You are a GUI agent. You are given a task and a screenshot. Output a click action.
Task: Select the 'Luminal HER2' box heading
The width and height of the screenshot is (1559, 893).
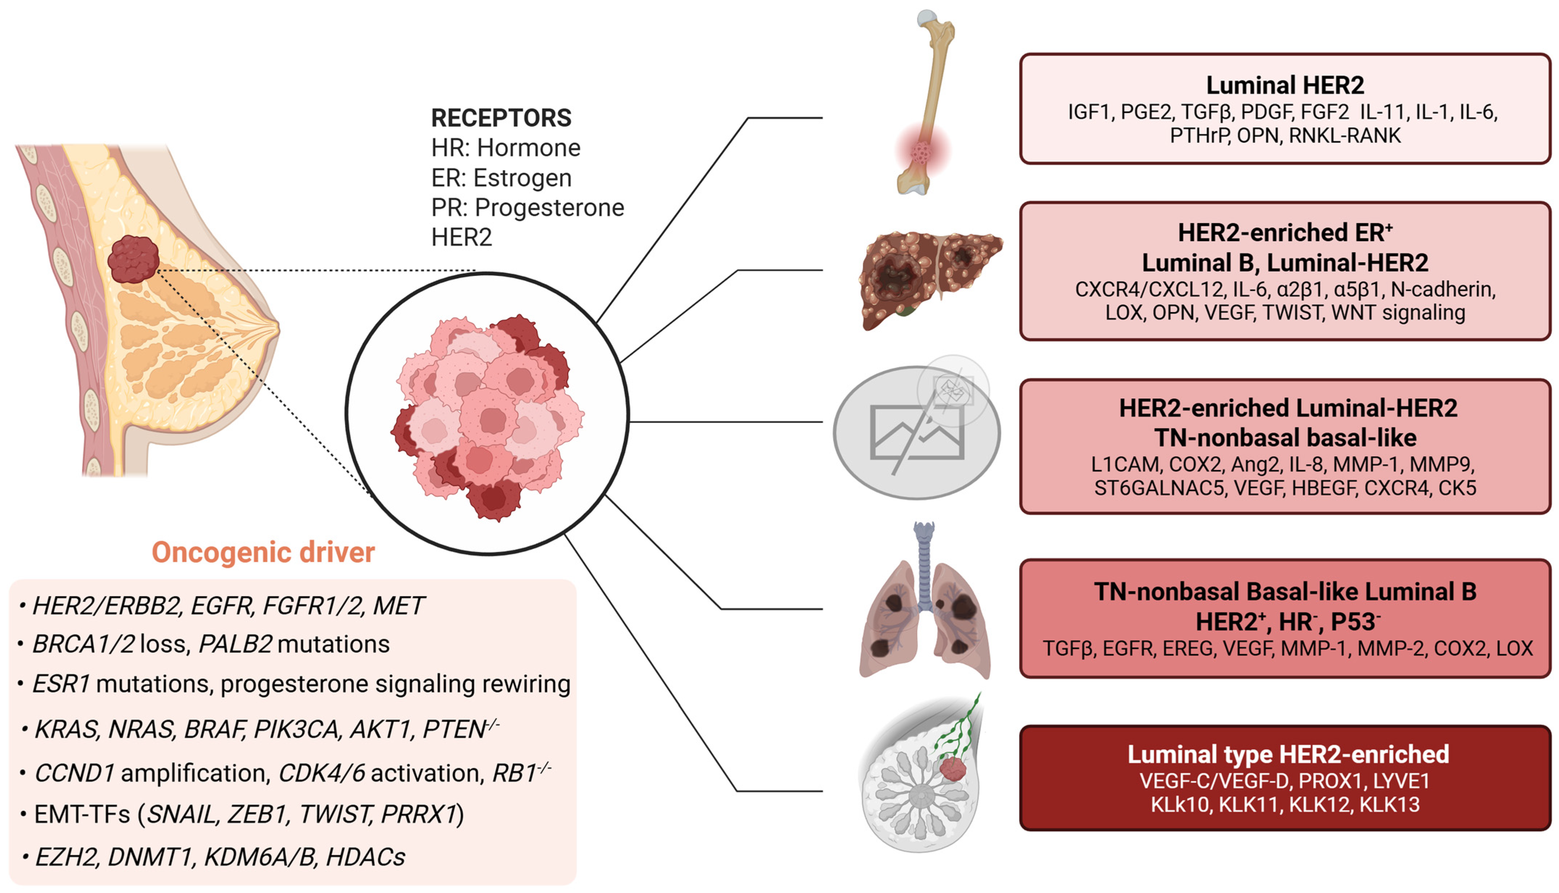(1285, 85)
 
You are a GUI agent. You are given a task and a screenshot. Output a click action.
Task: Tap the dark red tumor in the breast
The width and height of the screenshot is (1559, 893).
(133, 259)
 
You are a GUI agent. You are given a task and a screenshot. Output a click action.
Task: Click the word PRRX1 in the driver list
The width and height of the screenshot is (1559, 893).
(419, 814)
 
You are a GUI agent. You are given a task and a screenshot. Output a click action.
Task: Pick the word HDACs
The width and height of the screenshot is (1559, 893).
(365, 857)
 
